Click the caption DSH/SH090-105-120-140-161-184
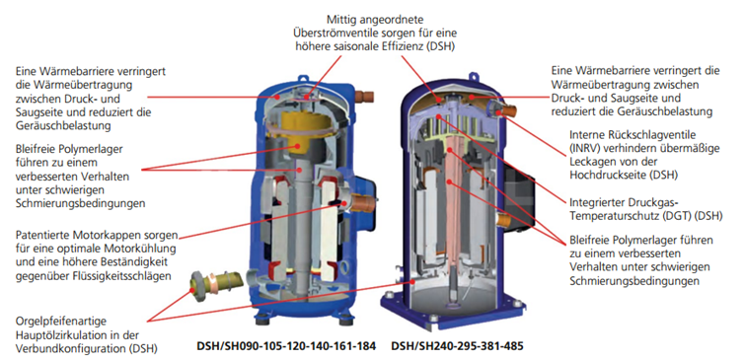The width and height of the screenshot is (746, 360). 286,347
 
